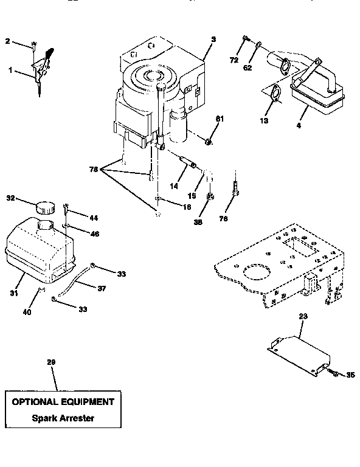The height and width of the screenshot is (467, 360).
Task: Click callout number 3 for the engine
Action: (213, 39)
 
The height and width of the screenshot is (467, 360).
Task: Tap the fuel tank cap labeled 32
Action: (44, 206)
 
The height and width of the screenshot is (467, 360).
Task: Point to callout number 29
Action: (51, 362)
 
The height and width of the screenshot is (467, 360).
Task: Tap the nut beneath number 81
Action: (208, 142)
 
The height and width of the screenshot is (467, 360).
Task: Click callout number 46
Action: (94, 233)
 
